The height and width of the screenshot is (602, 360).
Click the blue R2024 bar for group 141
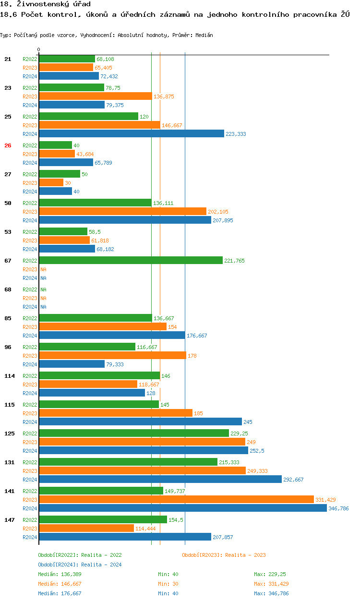point(183,508)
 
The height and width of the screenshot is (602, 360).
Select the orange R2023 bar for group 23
point(96,96)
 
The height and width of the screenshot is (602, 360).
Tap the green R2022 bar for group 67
point(131,260)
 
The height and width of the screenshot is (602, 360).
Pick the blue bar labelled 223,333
point(131,133)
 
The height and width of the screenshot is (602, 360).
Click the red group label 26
point(8,145)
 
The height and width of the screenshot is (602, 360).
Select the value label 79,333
point(115,364)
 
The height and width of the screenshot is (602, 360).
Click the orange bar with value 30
point(51,182)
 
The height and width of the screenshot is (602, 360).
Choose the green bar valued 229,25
point(134,433)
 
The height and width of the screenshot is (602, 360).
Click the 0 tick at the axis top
point(39,50)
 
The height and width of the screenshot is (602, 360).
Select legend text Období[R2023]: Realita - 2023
point(224,555)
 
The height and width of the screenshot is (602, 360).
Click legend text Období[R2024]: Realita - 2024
point(80,565)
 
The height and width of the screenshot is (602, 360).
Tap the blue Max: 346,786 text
point(271,593)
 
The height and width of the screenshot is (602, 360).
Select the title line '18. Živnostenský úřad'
point(45,4)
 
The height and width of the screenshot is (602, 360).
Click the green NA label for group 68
point(43,289)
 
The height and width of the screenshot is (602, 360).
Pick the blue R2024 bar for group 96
point(72,364)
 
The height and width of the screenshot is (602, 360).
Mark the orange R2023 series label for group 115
point(30,413)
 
